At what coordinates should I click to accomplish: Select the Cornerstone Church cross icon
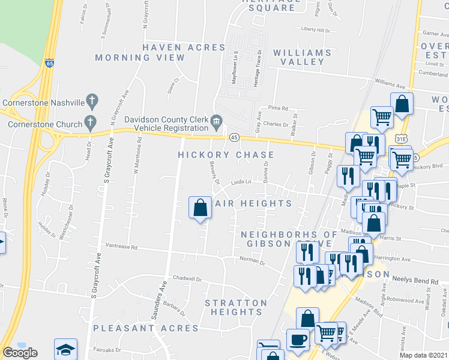(91, 122)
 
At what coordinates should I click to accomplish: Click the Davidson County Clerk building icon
(215, 123)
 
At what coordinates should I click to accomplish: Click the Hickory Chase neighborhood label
(217, 155)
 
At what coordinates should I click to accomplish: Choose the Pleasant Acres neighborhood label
(146, 328)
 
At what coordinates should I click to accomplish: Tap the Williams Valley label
(302, 58)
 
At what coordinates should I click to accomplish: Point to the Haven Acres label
(167, 47)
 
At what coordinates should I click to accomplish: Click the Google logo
(20, 353)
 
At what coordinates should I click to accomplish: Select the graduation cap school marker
(66, 350)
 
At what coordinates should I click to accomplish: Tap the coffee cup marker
(298, 340)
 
